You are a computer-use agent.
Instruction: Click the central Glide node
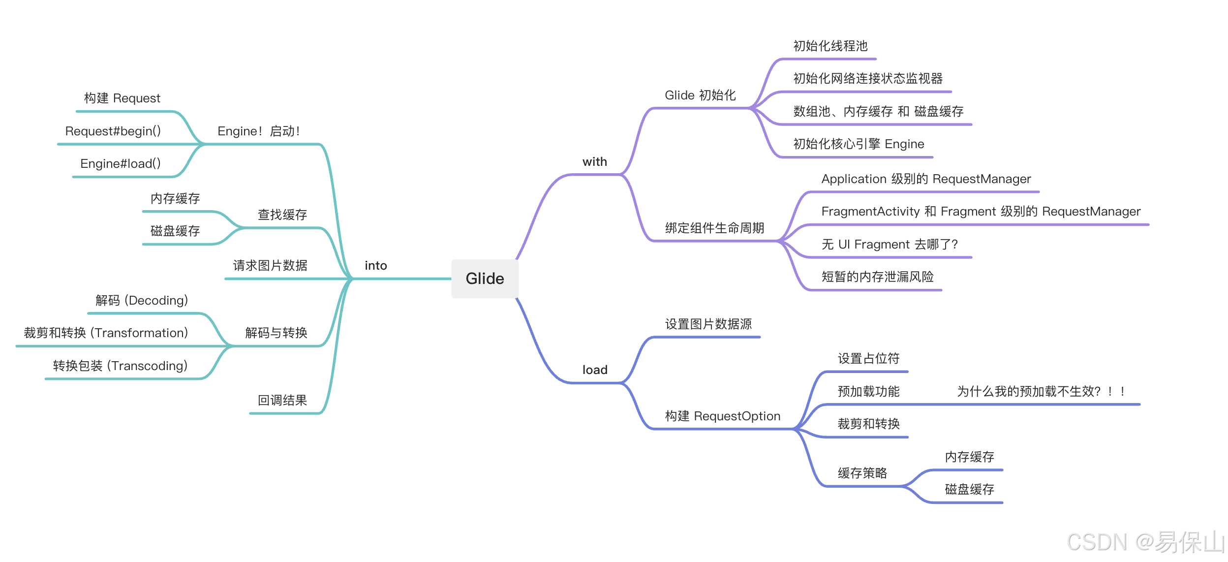point(485,279)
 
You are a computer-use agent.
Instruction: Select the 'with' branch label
point(594,162)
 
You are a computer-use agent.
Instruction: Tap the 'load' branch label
point(595,370)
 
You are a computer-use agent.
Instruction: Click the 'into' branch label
point(376,266)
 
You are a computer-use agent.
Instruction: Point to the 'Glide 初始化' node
point(700,95)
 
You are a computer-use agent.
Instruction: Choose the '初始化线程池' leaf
point(830,46)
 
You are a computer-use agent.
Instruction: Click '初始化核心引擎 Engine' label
point(859,144)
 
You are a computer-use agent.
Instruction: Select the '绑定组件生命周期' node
point(714,228)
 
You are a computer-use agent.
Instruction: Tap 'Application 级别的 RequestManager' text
point(926,179)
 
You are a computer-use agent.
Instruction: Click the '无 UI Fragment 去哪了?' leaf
point(890,244)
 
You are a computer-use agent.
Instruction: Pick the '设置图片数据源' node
point(708,324)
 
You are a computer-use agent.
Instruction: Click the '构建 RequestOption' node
point(722,416)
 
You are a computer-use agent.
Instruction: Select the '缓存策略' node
point(862,473)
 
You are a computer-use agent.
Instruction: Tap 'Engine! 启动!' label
point(259,131)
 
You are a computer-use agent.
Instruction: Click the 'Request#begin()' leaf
point(113,131)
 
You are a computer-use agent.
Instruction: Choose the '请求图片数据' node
point(270,266)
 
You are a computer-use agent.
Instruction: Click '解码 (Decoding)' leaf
point(142,300)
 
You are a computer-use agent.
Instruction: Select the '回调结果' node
point(282,400)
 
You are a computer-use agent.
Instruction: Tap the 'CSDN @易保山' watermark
point(1145,542)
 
